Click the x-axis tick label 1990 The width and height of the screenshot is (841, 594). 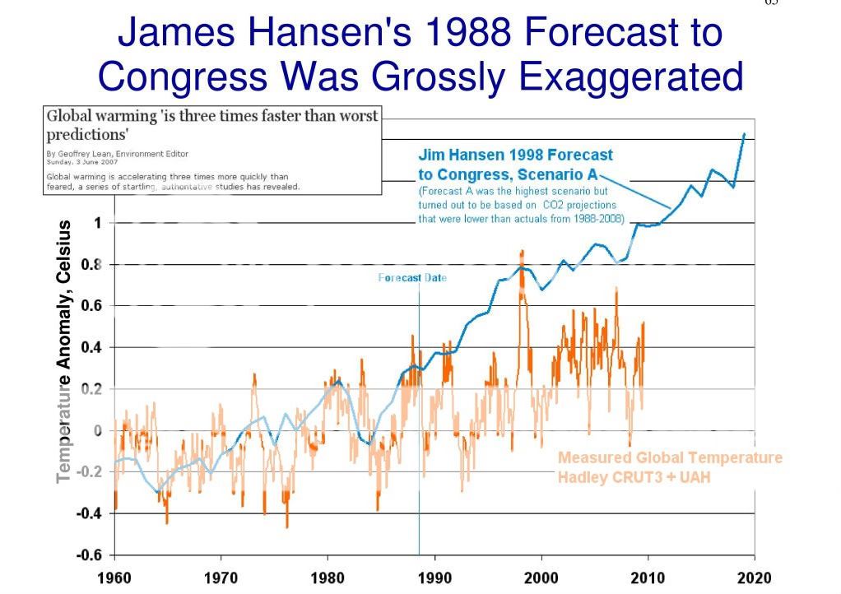[x=434, y=578]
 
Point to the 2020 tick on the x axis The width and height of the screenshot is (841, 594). [x=755, y=578]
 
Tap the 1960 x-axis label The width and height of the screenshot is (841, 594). [x=114, y=578]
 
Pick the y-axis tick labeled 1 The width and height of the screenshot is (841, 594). [x=98, y=223]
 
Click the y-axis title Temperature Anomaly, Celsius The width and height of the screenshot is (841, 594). [x=64, y=351]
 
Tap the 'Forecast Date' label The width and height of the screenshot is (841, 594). [x=412, y=278]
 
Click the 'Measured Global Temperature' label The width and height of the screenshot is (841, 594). [x=670, y=458]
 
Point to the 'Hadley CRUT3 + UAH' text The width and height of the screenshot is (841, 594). [x=634, y=476]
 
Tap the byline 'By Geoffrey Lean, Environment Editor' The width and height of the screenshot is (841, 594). [x=117, y=154]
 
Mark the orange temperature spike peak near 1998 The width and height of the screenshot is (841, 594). [x=522, y=251]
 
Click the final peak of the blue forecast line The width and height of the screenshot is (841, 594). [x=745, y=133]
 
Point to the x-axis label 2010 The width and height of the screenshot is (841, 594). [x=648, y=578]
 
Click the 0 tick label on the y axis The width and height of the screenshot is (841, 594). [x=98, y=431]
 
